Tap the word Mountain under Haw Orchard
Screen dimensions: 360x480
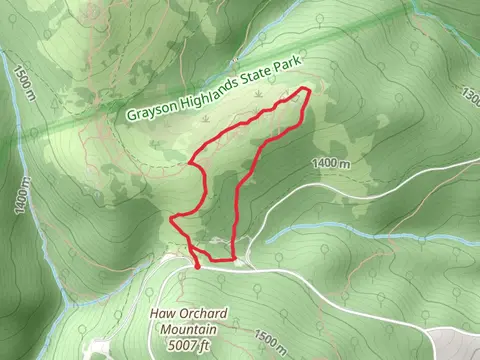click(190, 330)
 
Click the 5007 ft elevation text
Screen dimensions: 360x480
click(190, 346)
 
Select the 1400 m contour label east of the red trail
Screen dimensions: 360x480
click(330, 163)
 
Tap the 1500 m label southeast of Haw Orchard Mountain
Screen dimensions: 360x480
click(272, 341)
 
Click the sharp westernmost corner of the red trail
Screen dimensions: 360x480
click(172, 217)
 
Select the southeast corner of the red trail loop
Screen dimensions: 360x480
click(235, 260)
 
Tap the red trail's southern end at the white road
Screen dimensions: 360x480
click(197, 267)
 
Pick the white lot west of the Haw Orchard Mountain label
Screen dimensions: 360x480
click(101, 349)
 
